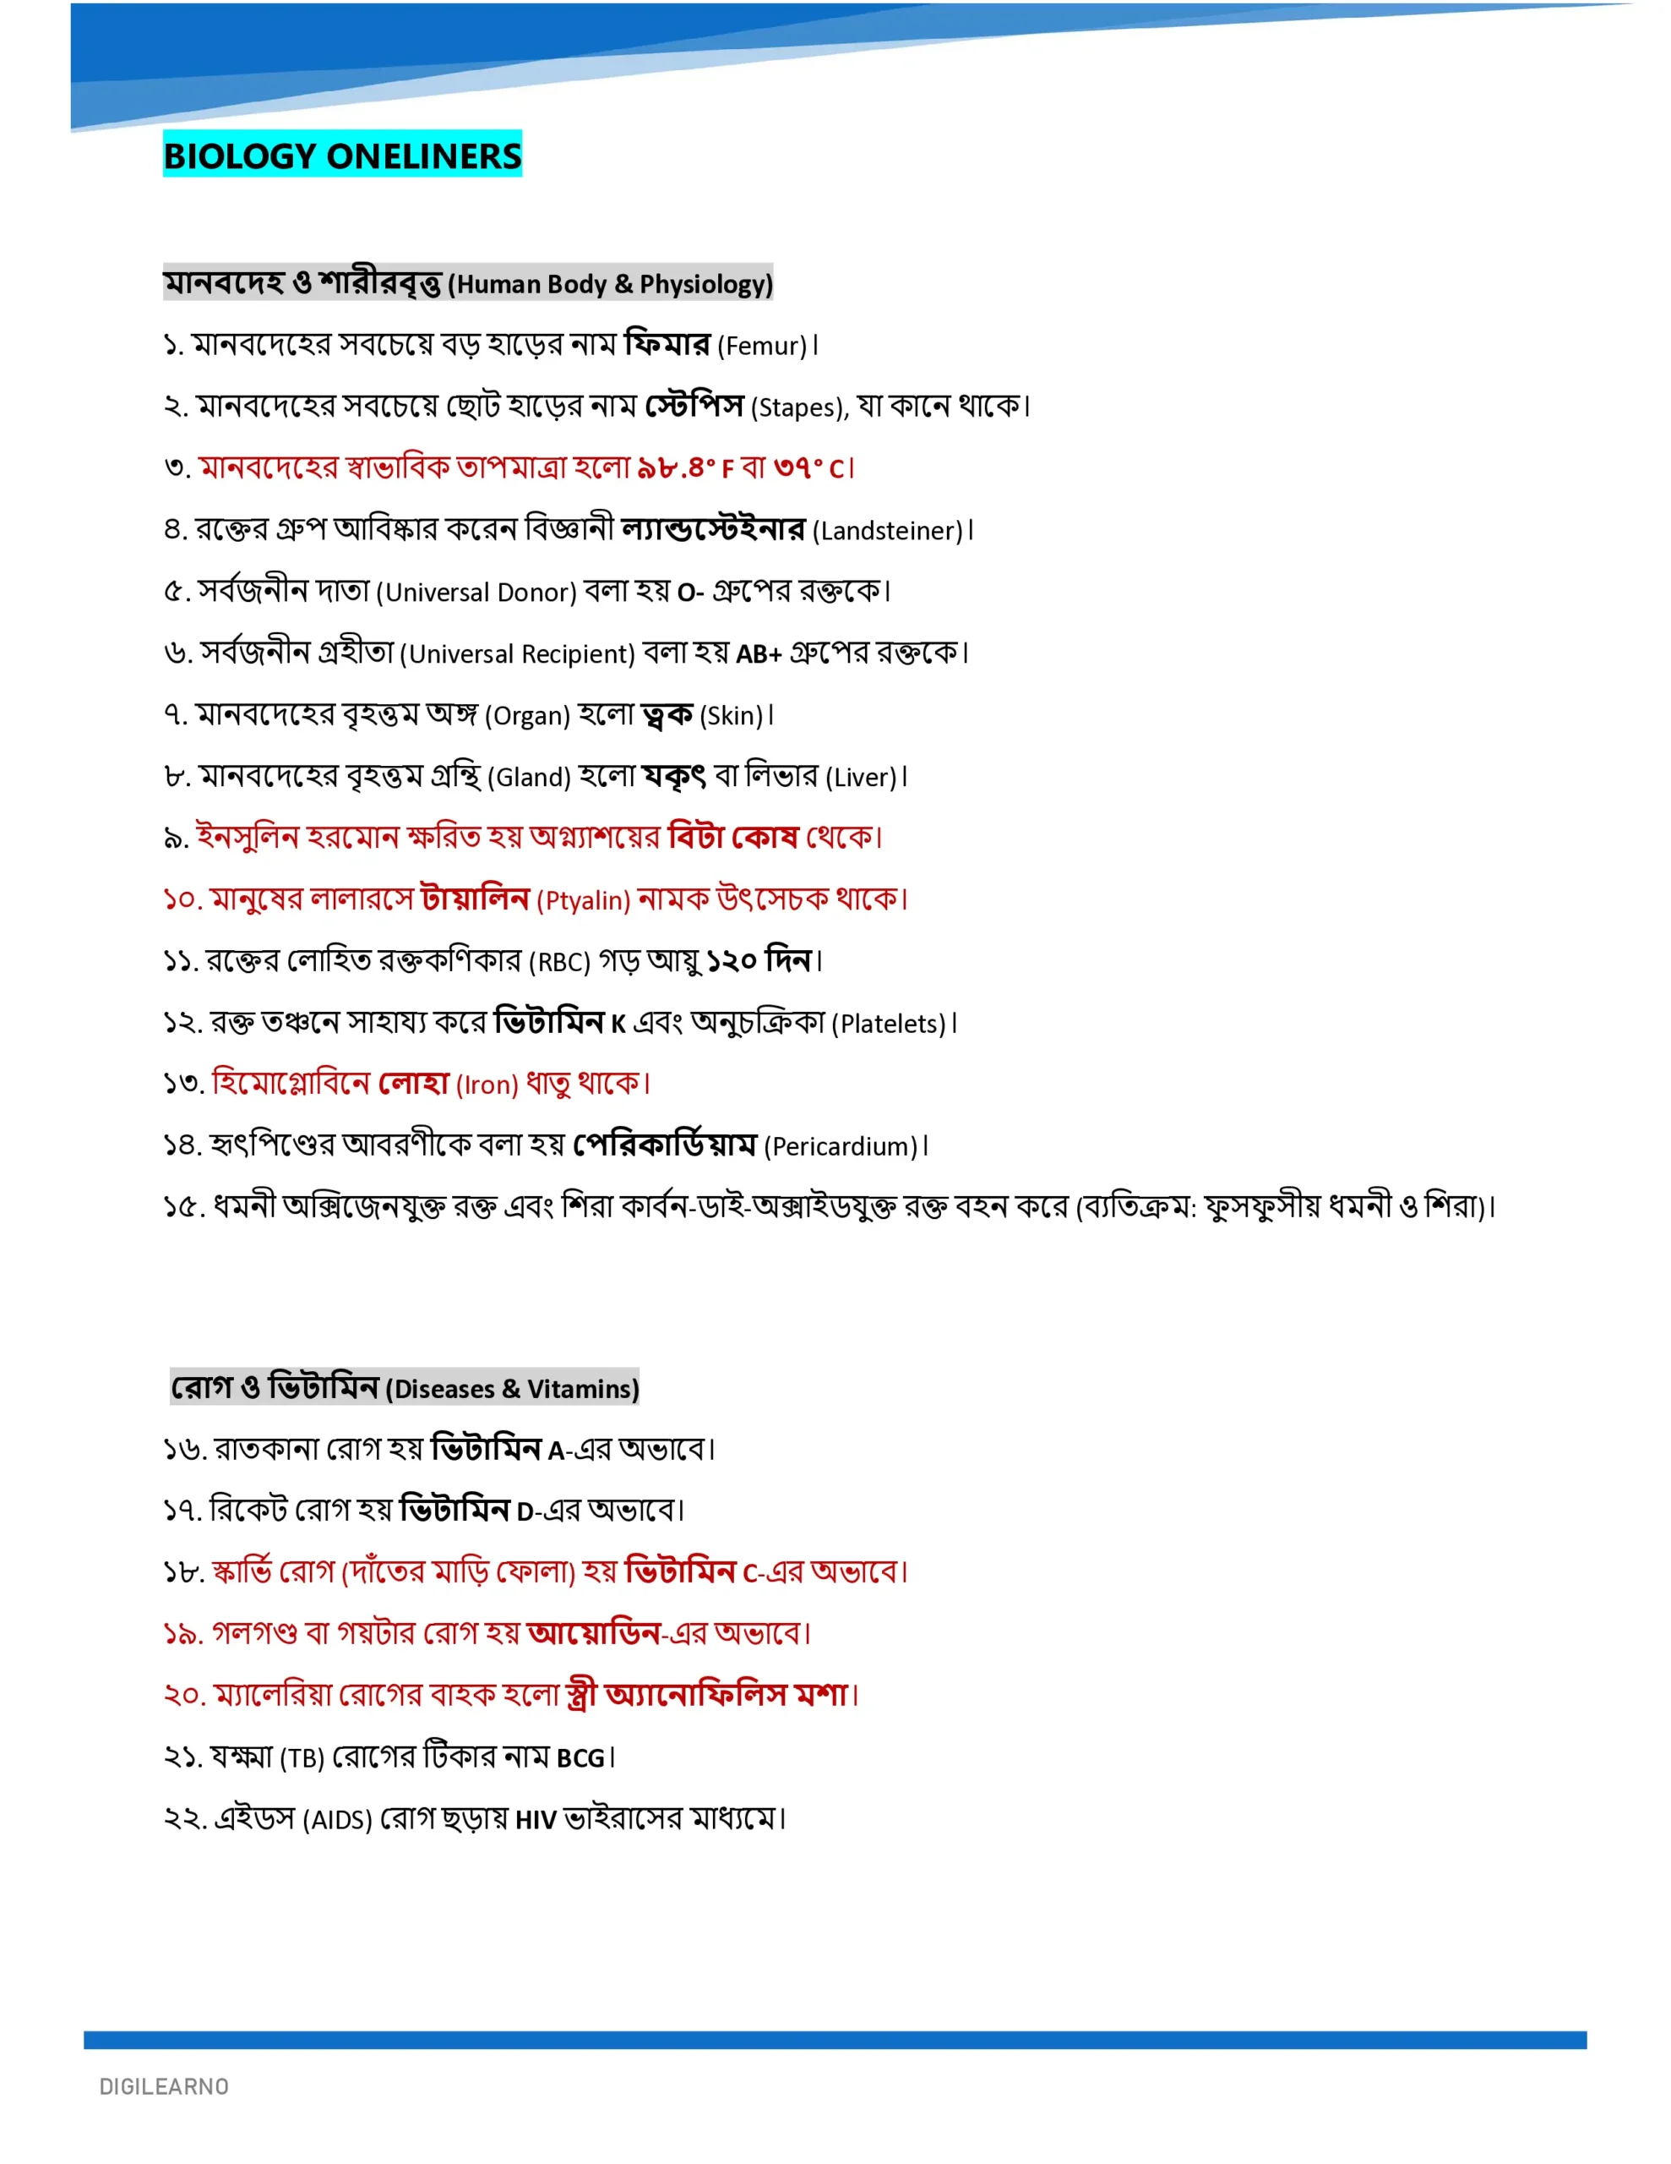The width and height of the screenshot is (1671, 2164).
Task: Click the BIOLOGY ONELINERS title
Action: pos(342,156)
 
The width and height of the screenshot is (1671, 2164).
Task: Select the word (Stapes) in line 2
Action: pos(797,407)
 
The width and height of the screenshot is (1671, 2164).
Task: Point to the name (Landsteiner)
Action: pos(888,531)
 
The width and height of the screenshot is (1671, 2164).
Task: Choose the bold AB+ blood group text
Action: pos(759,654)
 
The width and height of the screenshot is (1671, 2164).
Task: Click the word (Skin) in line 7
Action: pos(731,715)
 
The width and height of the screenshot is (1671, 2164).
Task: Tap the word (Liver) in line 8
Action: pos(861,778)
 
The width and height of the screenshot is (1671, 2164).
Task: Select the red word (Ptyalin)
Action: pos(584,900)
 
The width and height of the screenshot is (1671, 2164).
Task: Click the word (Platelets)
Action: pos(889,1024)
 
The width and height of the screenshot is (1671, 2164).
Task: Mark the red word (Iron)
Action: pos(487,1085)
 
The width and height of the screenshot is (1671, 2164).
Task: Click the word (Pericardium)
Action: pos(841,1146)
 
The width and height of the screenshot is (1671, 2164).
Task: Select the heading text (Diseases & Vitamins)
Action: pos(512,1389)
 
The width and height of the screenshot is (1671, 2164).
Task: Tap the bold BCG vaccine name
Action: pos(580,1759)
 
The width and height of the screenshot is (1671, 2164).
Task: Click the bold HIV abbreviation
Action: pos(536,1820)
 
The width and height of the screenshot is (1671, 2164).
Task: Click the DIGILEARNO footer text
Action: pos(163,2087)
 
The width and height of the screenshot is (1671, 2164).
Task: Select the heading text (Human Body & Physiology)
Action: pos(609,284)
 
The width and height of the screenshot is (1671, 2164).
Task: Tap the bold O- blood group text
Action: pos(690,593)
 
